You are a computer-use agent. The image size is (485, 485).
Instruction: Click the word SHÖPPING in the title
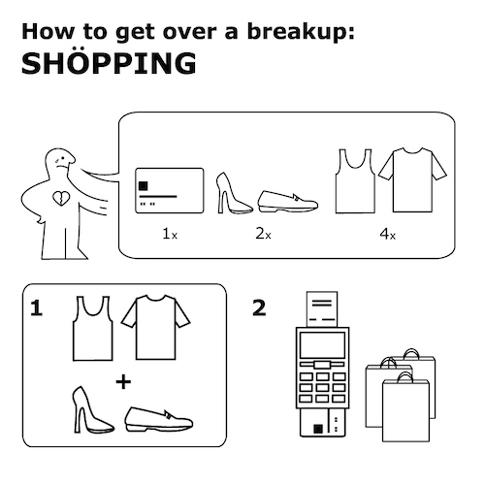pos(109,62)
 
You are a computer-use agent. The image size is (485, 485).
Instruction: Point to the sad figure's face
pos(62,161)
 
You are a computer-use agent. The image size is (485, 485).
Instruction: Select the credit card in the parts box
pos(170,190)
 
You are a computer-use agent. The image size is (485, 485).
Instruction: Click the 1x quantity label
pos(170,234)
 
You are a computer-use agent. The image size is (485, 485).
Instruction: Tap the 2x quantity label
pos(263,234)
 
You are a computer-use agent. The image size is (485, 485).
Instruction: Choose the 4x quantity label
pos(387,234)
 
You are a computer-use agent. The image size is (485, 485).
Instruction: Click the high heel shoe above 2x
pos(232,193)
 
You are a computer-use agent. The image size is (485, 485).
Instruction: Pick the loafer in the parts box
pos(288,202)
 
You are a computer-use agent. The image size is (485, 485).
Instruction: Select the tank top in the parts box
pos(355,181)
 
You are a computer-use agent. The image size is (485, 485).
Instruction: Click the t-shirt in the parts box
pos(412,180)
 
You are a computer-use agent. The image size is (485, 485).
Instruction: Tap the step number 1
pos(36,307)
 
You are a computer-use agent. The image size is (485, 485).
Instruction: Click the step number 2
pos(259,307)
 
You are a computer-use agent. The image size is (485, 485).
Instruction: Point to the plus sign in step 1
pos(123,382)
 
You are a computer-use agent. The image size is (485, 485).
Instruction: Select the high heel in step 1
pos(91,409)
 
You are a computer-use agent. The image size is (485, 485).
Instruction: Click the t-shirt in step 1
pos(155,327)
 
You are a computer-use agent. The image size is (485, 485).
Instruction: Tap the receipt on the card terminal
pos(322,309)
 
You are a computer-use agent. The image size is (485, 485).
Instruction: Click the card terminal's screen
pos(322,344)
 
